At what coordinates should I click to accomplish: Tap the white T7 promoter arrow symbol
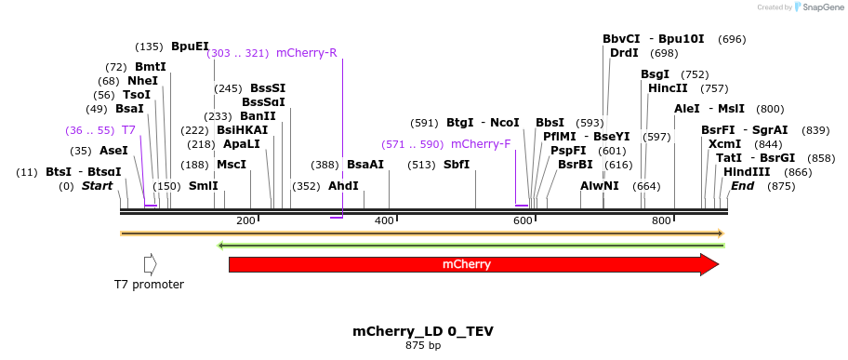point(150,264)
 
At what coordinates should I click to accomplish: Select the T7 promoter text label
point(149,285)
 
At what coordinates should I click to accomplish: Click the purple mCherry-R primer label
point(306,53)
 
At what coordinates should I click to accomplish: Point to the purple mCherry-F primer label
point(481,144)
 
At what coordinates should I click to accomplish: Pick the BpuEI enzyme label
point(190,47)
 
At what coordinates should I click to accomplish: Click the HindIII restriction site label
point(747,172)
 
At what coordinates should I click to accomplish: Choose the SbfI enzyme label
point(457,165)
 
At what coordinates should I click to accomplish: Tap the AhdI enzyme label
point(343,185)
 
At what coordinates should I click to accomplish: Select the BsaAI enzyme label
point(364,165)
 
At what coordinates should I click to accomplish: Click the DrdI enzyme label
point(624,53)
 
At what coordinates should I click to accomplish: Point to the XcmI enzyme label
point(724,144)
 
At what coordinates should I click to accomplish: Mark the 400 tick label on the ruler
point(383,220)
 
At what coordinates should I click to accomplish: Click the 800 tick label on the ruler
point(661,220)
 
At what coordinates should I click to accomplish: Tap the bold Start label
point(97,186)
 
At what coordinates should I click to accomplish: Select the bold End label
point(743,186)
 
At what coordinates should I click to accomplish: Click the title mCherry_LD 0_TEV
point(423,331)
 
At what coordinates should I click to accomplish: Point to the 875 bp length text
point(423,346)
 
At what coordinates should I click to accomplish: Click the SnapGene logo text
point(821,7)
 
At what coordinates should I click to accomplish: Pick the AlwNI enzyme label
point(599,186)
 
